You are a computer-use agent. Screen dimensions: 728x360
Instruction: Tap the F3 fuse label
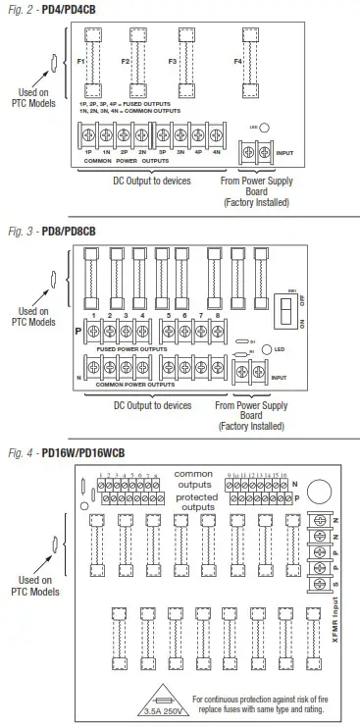[x=172, y=62]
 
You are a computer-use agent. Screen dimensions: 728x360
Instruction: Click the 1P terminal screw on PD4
[x=88, y=136]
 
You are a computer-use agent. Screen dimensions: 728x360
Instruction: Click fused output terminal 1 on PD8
[x=90, y=331]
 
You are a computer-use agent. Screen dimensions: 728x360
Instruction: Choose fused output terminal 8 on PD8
[x=215, y=331]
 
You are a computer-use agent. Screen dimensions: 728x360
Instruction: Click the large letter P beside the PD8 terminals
[x=77, y=330]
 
